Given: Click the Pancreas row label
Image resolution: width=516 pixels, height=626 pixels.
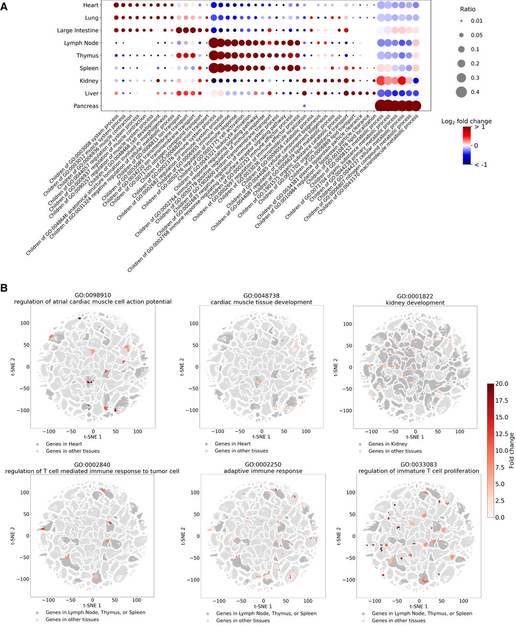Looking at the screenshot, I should tap(86, 106).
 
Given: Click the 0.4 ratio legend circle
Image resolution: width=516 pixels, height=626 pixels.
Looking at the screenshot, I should tap(461, 92).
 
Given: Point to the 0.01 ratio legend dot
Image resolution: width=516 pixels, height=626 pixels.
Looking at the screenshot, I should tap(461, 21).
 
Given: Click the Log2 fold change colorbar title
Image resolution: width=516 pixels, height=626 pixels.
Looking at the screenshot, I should tap(466, 121).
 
